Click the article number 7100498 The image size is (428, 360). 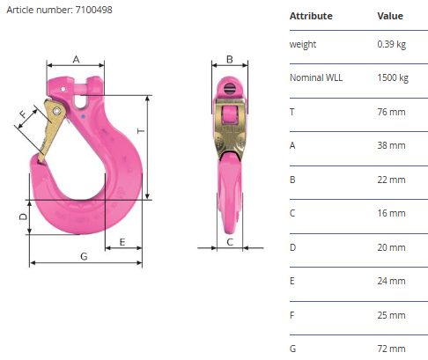point(94,10)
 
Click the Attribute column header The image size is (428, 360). point(311,16)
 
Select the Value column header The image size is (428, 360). point(390,16)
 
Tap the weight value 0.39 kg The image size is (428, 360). point(392,44)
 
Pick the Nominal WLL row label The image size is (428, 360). point(316,77)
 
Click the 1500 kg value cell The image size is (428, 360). point(393,77)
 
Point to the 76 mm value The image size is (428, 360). point(391,112)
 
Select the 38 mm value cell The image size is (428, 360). point(391,145)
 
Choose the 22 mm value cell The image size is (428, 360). point(391,180)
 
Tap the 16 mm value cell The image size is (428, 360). point(391,213)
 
